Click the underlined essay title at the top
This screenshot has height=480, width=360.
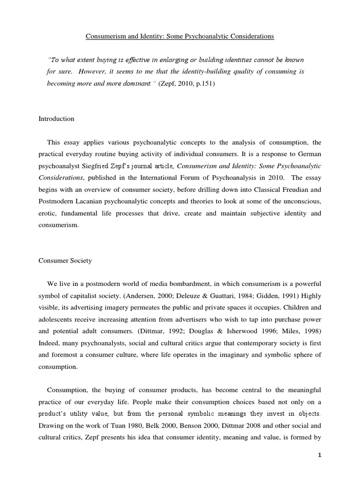(180, 36)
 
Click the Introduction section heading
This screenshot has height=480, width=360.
(56, 119)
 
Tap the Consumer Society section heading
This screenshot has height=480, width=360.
(65, 261)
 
